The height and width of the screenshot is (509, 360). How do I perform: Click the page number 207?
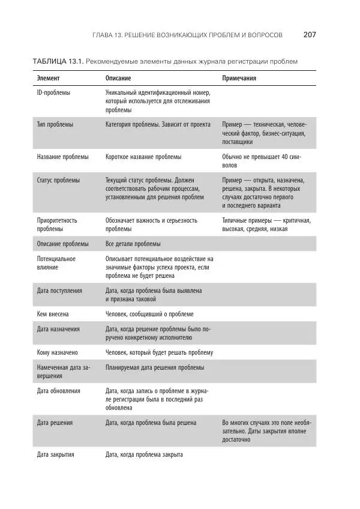click(x=310, y=35)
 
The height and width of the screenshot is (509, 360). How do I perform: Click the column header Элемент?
click(x=49, y=79)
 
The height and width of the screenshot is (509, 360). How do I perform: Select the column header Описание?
click(x=118, y=79)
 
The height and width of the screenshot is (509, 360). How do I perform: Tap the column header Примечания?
click(x=240, y=79)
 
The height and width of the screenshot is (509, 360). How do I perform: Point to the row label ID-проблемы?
click(x=53, y=94)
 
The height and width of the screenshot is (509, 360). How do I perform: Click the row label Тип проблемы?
click(x=55, y=125)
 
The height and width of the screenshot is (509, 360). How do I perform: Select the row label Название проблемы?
click(x=62, y=157)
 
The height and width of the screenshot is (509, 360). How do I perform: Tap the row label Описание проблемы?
click(x=62, y=244)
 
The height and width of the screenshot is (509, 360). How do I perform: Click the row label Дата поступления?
click(x=59, y=291)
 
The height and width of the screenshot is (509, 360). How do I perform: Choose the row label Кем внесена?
click(x=53, y=314)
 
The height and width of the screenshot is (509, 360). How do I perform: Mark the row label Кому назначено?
click(x=57, y=352)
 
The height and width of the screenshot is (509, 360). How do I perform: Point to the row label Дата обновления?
click(x=59, y=391)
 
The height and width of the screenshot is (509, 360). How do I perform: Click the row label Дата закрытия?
click(x=55, y=454)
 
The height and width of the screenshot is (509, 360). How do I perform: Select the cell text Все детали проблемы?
click(x=133, y=244)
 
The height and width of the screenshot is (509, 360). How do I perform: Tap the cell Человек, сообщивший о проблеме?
click(x=149, y=314)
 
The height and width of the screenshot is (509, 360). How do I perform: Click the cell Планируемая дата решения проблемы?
click(x=154, y=367)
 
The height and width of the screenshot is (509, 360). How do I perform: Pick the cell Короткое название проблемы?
click(x=143, y=157)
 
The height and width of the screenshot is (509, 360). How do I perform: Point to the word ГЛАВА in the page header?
click(x=105, y=35)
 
